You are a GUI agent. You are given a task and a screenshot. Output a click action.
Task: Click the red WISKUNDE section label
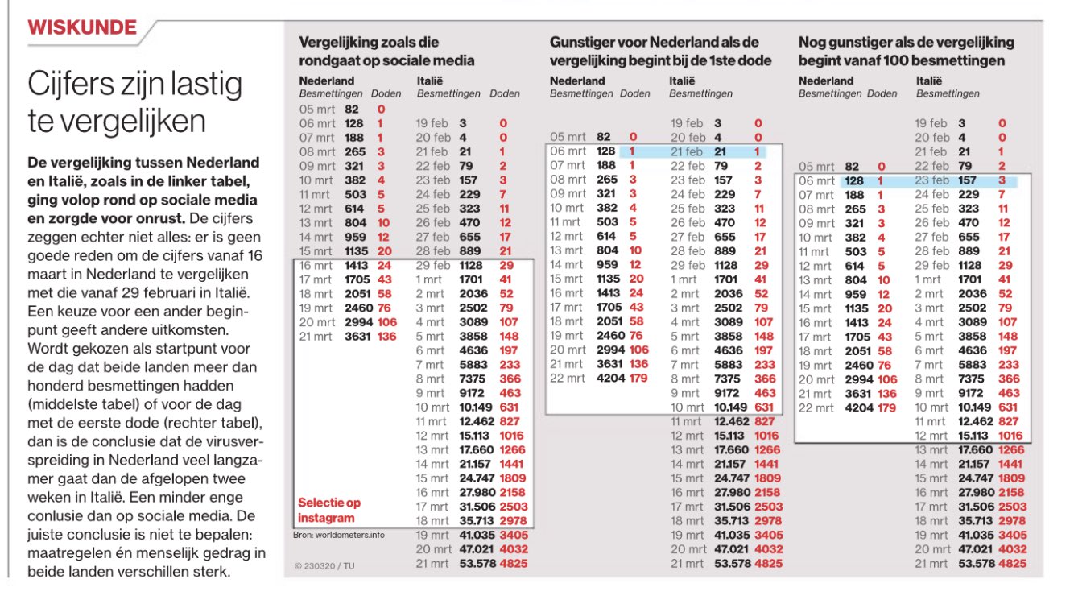82,28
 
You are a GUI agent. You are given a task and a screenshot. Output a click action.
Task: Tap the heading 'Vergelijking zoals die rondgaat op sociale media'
386,52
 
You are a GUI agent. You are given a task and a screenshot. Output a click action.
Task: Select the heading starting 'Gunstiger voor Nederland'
654,52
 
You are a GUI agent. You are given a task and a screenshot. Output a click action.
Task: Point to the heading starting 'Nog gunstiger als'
906,52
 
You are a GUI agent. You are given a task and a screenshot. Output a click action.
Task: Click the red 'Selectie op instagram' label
329,510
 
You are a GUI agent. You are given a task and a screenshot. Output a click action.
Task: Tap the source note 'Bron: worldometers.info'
338,535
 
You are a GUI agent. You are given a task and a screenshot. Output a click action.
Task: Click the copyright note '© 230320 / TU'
324,566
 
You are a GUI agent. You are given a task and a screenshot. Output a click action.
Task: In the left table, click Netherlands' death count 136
387,337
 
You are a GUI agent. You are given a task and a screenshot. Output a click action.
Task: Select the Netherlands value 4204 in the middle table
611,379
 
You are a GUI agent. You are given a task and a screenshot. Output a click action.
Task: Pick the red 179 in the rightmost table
886,407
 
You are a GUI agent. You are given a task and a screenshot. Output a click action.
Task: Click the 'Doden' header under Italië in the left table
505,94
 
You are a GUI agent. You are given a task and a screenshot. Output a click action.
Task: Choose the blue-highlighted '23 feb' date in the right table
931,181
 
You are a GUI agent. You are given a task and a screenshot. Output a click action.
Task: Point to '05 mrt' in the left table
316,110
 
